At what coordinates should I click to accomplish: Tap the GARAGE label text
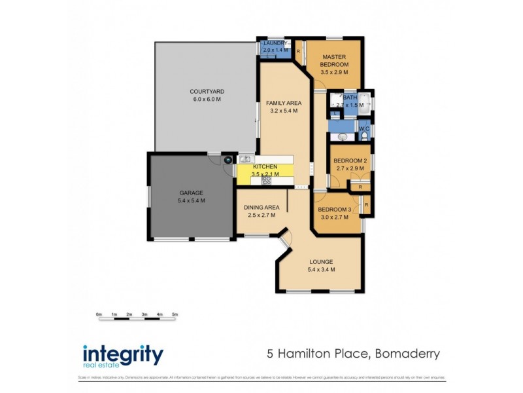192,193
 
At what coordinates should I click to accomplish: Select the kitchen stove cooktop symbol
266,179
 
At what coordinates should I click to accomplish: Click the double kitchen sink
246,159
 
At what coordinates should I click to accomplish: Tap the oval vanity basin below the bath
343,138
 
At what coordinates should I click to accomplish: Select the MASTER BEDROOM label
334,61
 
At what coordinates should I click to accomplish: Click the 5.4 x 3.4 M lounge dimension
322,269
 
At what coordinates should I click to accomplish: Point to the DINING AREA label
261,208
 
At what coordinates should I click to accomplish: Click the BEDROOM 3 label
334,210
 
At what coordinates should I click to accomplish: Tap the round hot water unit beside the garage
228,159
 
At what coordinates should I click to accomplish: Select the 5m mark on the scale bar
175,314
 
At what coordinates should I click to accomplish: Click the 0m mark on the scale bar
99,314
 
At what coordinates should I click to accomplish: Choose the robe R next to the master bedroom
298,50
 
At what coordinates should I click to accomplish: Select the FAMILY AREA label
283,103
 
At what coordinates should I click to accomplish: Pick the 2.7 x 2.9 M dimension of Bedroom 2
348,168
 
